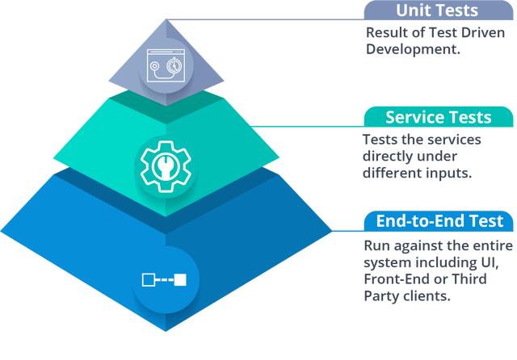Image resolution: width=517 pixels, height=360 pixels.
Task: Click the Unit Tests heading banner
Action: tap(437, 11)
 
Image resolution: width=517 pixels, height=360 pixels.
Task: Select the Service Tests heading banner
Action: tap(438, 117)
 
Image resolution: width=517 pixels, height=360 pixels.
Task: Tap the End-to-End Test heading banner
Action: tap(438, 220)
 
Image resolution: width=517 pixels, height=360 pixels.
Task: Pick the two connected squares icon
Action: tap(164, 280)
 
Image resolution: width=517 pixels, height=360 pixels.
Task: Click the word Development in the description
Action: tap(412, 49)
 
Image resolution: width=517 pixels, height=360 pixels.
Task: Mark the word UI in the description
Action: tap(498, 262)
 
